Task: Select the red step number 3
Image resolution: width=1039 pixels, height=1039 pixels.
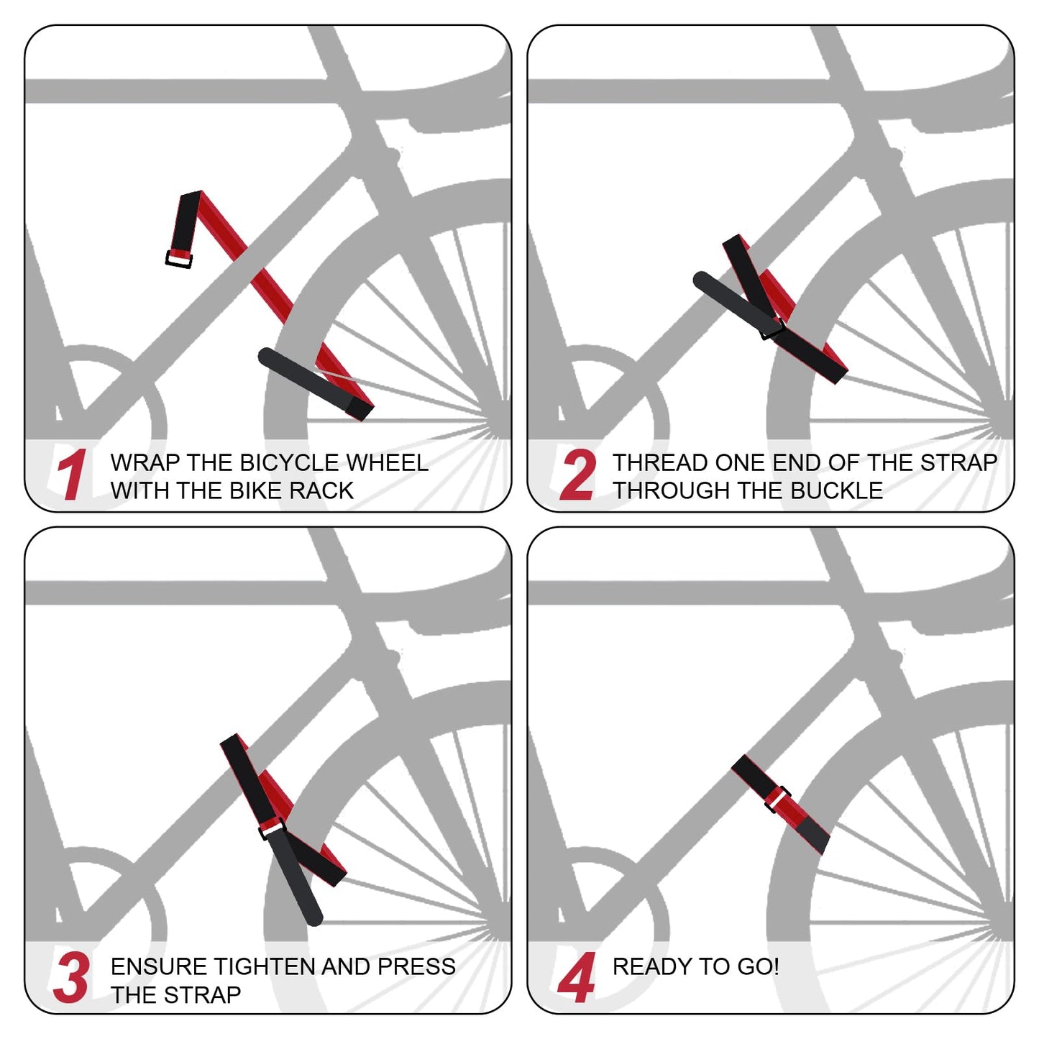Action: point(71,978)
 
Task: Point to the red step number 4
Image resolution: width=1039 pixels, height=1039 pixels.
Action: point(577,978)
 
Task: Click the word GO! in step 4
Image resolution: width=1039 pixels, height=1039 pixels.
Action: point(758,966)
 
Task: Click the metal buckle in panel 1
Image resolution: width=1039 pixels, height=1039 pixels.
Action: point(179,259)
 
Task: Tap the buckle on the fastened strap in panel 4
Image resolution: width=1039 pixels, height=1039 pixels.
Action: point(777,800)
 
